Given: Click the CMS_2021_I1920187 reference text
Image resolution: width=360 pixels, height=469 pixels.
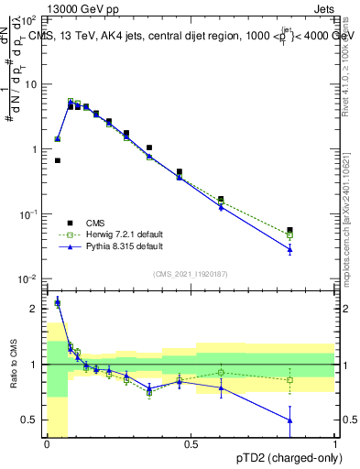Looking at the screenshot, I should [x=190, y=273].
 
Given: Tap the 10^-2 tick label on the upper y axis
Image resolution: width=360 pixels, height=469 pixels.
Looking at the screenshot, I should [x=29, y=278].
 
